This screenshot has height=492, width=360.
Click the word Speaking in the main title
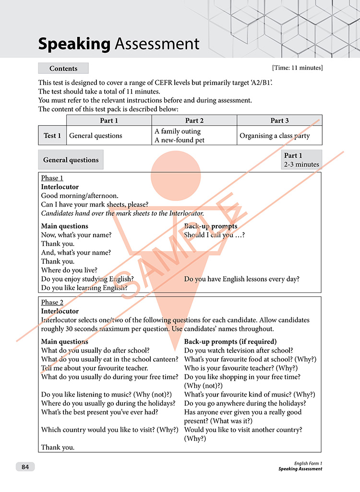(x=74, y=44)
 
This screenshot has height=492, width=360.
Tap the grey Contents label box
(x=63, y=69)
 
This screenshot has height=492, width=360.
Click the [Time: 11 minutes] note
(x=297, y=68)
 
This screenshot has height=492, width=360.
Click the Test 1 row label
(x=52, y=136)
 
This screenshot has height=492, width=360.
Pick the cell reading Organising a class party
(x=275, y=136)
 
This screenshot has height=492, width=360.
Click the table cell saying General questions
(x=96, y=136)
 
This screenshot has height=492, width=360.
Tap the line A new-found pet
(x=178, y=140)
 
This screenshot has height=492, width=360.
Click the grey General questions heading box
(x=71, y=160)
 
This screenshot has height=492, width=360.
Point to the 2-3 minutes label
(x=301, y=164)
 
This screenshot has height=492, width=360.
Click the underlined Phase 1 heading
(x=52, y=178)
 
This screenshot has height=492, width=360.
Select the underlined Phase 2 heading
(x=52, y=302)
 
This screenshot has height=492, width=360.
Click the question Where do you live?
(x=69, y=270)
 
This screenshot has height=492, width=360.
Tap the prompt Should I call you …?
(x=214, y=235)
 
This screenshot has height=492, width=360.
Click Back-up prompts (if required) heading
(x=230, y=341)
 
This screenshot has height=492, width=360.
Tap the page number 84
(x=25, y=467)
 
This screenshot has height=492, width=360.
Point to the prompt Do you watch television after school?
(x=239, y=351)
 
